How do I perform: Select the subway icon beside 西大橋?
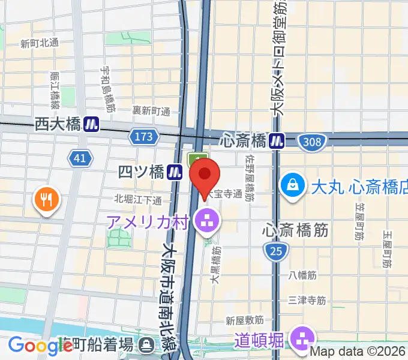pos(92,124)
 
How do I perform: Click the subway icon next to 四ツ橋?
pos(175,172)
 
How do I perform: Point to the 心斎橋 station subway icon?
pos(277,141)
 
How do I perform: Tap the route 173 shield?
pos(144,137)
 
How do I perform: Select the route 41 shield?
pos(79,158)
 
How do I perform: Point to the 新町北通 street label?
pos(39,43)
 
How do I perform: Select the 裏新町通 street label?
pos(152,110)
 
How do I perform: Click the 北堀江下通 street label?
pos(138,199)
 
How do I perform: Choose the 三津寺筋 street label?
pos(307,299)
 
